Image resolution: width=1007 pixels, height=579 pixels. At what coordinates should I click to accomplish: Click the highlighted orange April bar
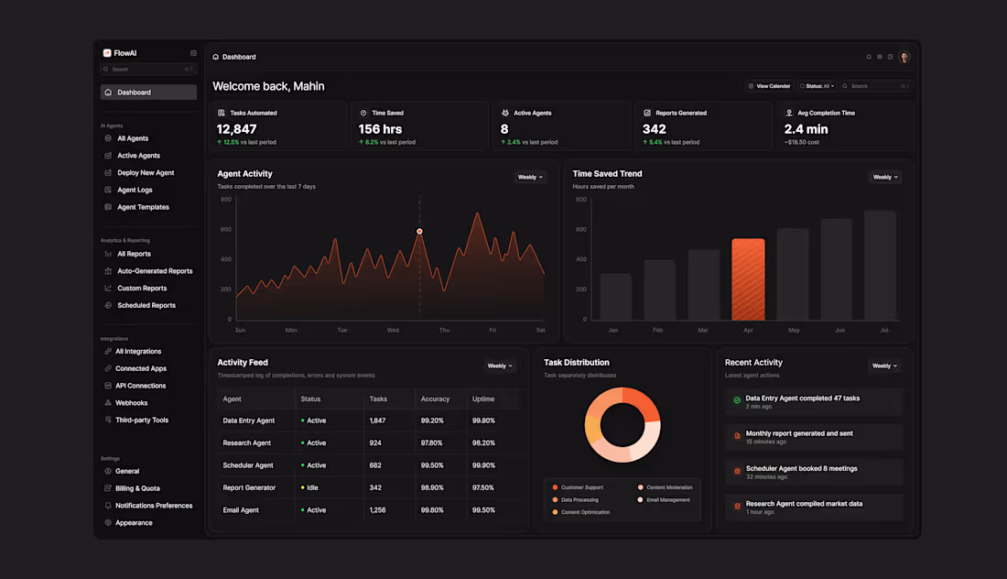click(748, 279)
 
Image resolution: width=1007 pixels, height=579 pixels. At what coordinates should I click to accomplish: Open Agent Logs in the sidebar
click(135, 190)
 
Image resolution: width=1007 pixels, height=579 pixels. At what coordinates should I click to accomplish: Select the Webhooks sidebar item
click(131, 403)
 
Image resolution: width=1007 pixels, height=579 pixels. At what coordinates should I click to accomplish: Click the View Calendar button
click(769, 86)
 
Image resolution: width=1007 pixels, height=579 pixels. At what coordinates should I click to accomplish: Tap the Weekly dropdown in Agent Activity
click(530, 177)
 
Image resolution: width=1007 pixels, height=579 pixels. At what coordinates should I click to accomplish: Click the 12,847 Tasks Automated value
click(237, 129)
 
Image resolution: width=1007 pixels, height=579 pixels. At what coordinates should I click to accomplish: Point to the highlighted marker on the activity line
click(419, 231)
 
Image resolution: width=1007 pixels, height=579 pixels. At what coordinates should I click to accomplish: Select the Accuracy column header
click(435, 399)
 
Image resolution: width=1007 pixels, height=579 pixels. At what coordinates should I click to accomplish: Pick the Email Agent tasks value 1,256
click(377, 510)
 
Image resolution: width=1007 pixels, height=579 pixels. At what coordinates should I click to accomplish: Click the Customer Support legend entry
click(582, 487)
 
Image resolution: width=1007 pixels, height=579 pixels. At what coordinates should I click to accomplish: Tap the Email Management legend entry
click(667, 500)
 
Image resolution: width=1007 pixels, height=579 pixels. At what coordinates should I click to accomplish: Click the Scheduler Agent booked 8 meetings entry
click(801, 469)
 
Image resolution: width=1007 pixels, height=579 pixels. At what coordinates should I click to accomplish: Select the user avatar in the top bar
click(904, 57)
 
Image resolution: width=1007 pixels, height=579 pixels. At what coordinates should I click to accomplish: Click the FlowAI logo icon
click(107, 53)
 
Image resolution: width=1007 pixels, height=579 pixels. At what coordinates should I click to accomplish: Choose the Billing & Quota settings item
click(137, 488)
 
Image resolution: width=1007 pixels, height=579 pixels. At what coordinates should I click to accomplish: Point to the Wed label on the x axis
click(393, 330)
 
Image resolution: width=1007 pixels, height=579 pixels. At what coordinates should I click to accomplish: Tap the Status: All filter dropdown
click(818, 86)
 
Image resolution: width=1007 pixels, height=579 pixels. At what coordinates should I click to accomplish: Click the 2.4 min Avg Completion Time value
click(806, 129)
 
